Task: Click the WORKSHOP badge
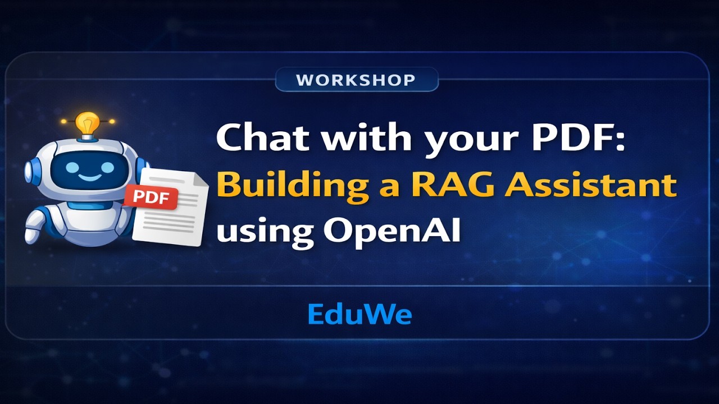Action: [356, 80]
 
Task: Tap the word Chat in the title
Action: [257, 137]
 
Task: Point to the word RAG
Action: [452, 185]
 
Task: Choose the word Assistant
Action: [590, 185]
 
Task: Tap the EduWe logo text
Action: [359, 314]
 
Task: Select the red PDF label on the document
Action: [151, 198]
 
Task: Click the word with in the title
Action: [356, 137]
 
